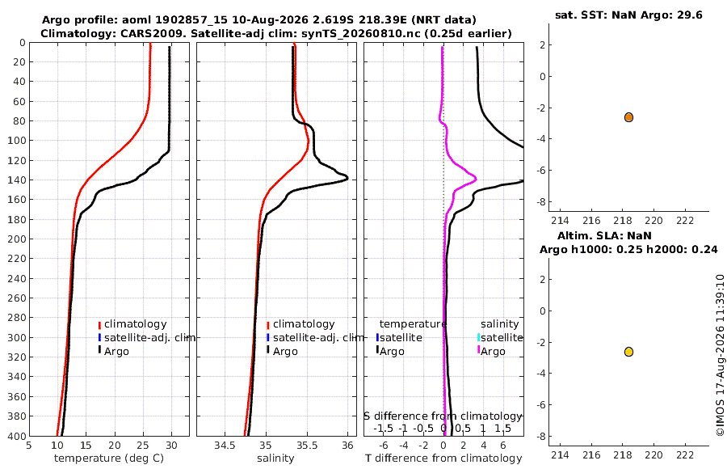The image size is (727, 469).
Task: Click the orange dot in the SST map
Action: (628, 117)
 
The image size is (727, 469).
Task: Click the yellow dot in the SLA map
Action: (628, 352)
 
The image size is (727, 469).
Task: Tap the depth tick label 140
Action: (17, 180)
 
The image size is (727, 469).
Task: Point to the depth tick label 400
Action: (17, 436)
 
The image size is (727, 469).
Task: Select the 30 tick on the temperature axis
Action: (171, 446)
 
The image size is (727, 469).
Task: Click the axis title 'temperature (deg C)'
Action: (109, 458)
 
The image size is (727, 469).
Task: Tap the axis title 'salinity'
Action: (275, 458)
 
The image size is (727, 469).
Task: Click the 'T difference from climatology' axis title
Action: (443, 458)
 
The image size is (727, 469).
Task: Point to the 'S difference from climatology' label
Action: (443, 416)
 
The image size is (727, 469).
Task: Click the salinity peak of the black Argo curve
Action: (347, 178)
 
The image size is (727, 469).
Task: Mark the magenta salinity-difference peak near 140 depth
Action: (475, 179)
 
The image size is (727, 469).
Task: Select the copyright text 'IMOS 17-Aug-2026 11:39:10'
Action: (720, 355)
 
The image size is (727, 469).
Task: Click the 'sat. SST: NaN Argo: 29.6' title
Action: (628, 15)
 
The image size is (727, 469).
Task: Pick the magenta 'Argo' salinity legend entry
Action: (490, 351)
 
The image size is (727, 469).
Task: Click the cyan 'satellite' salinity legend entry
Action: (500, 337)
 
